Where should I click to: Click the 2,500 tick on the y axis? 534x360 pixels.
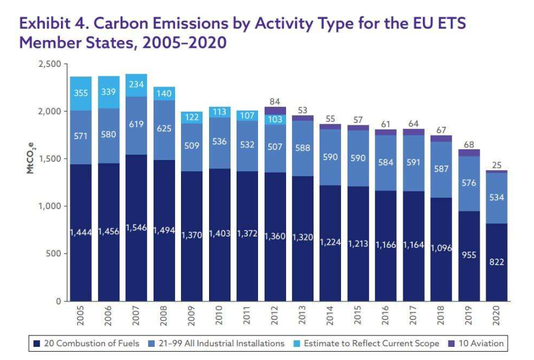pyautogui.click(x=50, y=64)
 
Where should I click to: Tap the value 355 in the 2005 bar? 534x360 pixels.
pyautogui.click(x=81, y=93)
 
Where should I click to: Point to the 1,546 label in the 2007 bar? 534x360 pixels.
pyautogui.click(x=137, y=229)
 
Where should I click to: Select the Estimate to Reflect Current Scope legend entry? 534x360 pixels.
pyautogui.click(x=369, y=343)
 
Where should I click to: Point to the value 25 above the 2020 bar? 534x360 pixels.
pyautogui.click(x=497, y=164)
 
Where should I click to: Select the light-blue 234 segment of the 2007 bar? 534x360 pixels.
pyautogui.click(x=137, y=85)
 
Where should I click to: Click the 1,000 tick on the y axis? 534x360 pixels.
pyautogui.click(x=50, y=207)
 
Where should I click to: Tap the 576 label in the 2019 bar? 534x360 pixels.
pyautogui.click(x=469, y=183)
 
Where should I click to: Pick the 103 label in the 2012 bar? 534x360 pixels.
pyautogui.click(x=275, y=119)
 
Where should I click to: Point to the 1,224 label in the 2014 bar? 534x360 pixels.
pyautogui.click(x=330, y=242)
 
